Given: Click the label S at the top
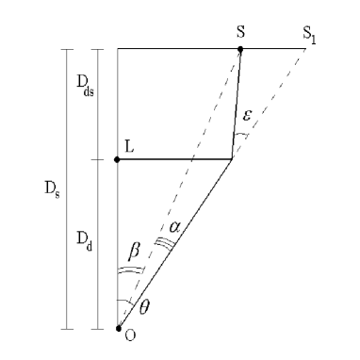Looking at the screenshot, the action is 240,32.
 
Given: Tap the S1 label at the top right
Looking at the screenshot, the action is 311,33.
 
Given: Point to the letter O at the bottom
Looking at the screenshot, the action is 129,339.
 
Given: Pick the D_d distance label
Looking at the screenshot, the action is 84,243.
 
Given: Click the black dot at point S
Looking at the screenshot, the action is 240,48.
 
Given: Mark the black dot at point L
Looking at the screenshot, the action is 118,159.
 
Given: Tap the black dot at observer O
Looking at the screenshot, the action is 118,329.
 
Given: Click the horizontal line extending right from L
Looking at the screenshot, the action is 179,159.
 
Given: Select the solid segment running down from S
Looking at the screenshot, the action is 237,104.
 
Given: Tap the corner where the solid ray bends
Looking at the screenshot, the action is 233,159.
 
